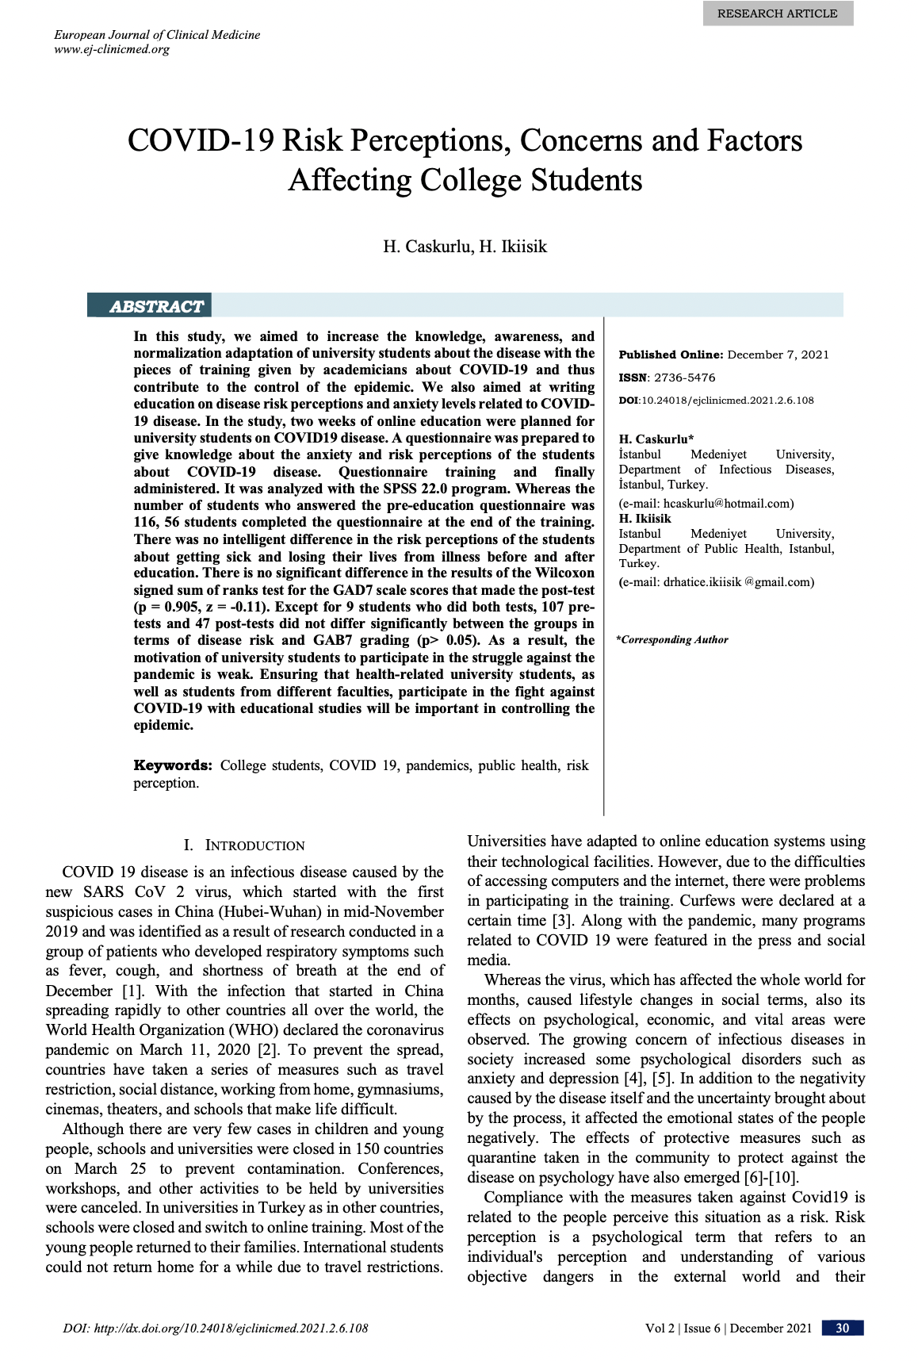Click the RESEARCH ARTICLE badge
coord(777,13)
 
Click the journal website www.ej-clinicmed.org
coord(112,49)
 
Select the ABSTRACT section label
coord(156,307)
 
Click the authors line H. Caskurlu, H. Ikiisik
coord(465,246)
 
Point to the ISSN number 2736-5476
coord(684,378)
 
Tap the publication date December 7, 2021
coord(778,355)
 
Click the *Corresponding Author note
coord(672,640)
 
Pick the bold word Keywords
coord(172,765)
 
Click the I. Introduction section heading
coord(244,845)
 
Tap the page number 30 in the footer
coord(842,1328)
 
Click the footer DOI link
coord(215,1328)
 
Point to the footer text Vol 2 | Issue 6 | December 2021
coord(728,1328)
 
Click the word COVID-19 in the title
coord(201,140)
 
